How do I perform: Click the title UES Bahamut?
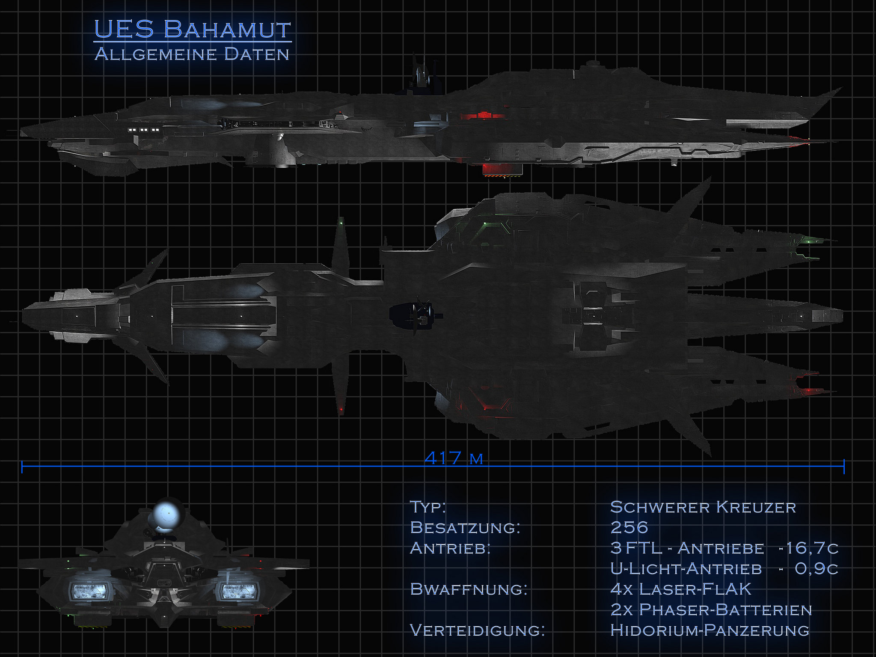(192, 30)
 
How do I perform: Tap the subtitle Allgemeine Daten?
(192, 54)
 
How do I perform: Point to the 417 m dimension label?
(454, 458)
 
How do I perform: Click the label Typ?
(428, 507)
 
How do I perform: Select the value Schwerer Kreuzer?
(703, 507)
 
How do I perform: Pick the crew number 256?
(629, 527)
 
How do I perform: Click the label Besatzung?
(465, 527)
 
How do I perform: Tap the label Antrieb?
(450, 548)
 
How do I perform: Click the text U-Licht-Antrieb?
(686, 568)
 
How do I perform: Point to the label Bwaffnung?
(469, 589)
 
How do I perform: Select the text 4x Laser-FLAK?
(680, 589)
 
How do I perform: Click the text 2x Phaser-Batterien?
(711, 609)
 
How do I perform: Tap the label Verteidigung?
(477, 630)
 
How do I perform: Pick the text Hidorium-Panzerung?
(710, 630)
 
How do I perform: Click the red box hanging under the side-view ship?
(502, 170)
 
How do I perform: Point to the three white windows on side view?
(144, 130)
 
